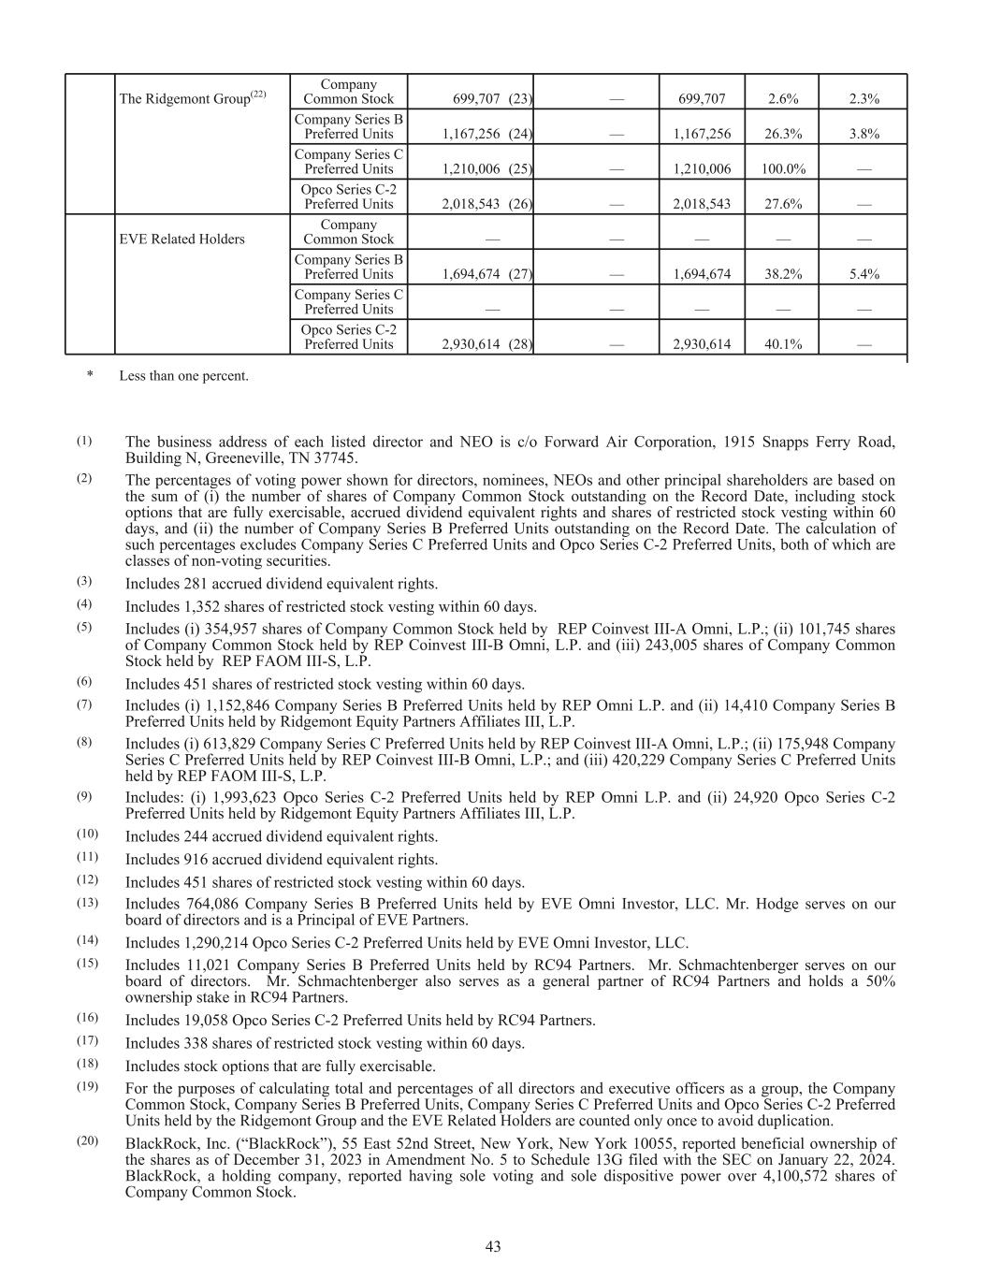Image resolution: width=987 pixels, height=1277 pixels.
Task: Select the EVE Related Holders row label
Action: coord(181,239)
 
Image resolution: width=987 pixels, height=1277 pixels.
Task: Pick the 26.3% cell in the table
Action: coord(782,134)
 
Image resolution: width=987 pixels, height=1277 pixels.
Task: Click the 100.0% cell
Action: coord(782,169)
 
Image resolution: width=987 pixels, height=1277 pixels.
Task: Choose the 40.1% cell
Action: coord(782,344)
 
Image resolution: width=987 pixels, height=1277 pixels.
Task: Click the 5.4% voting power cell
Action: coord(863,274)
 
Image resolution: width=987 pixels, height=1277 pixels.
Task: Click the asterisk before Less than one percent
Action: coord(90,376)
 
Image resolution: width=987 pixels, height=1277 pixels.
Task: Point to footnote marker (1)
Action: coord(84,440)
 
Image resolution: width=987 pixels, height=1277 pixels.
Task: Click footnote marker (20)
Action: coord(87,1141)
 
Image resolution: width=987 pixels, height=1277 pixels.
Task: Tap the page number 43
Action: coord(493,1246)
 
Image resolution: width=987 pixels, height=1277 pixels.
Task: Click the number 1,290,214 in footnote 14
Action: coord(210,943)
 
